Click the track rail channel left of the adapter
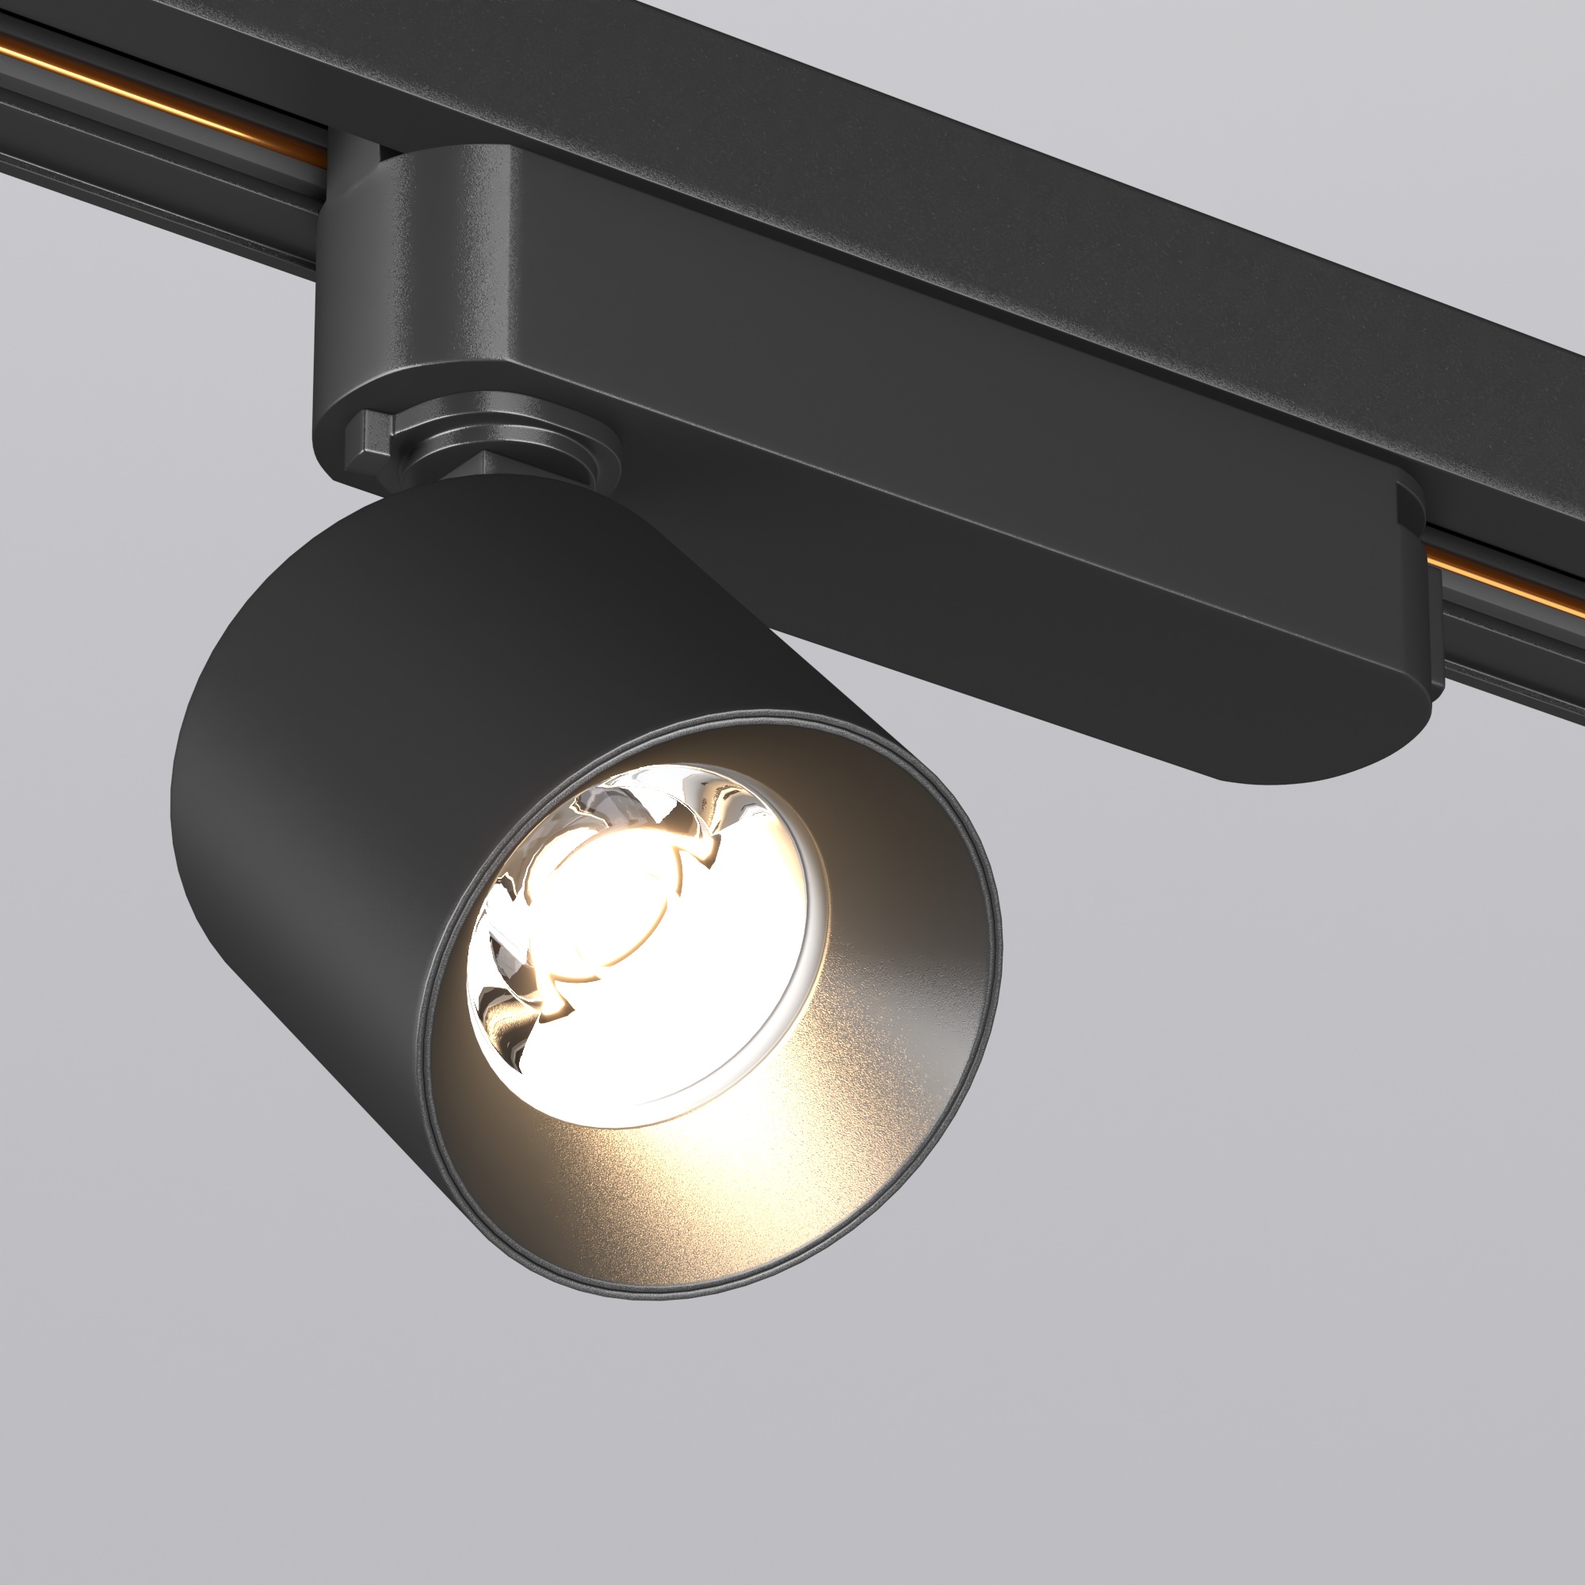coord(164,181)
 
